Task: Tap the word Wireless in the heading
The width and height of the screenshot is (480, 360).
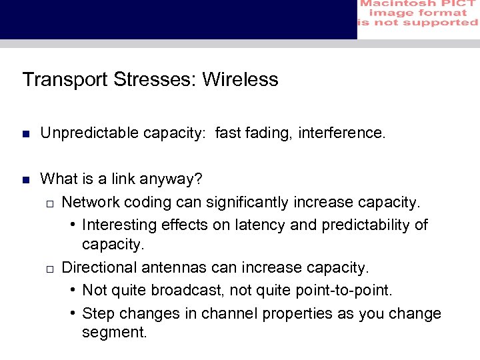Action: point(240,80)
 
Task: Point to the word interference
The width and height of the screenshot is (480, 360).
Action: point(342,134)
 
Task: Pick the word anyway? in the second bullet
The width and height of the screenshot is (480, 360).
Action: point(174,179)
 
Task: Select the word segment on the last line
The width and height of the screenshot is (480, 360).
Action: point(113,332)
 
